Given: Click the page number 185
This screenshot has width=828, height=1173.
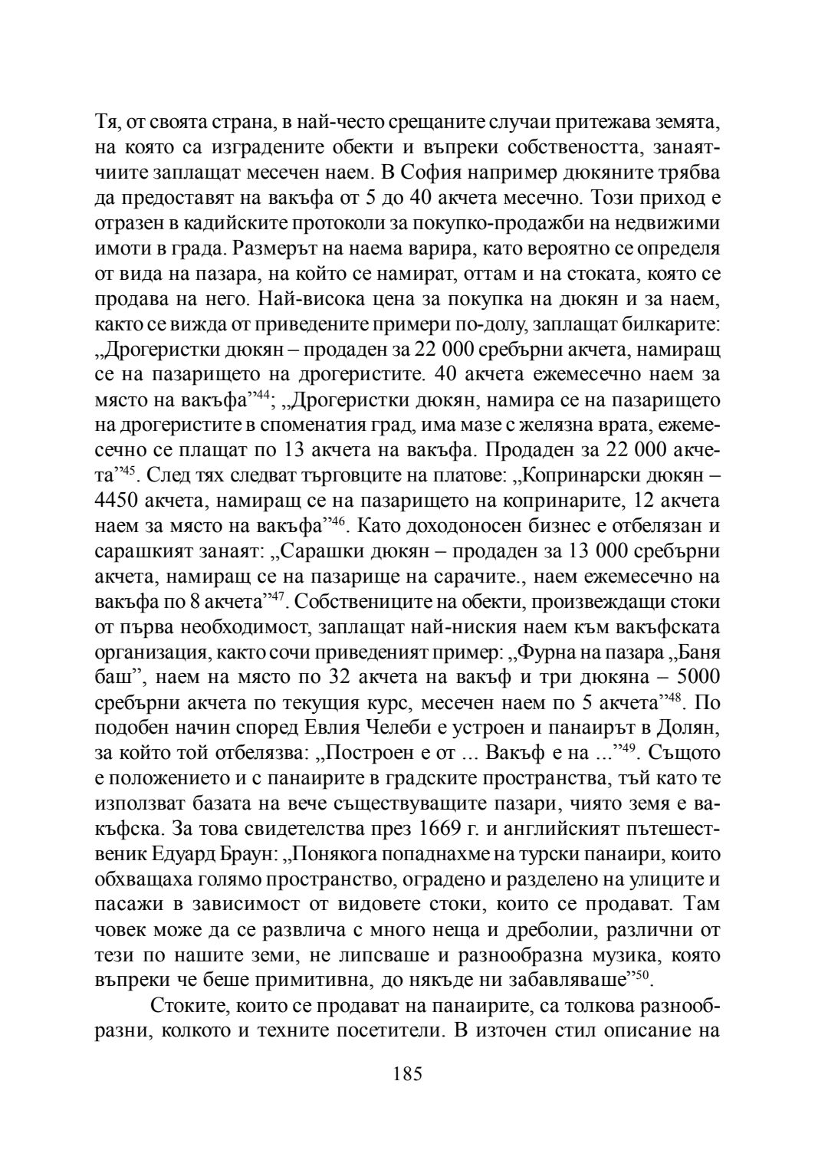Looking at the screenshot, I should (407, 1073).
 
